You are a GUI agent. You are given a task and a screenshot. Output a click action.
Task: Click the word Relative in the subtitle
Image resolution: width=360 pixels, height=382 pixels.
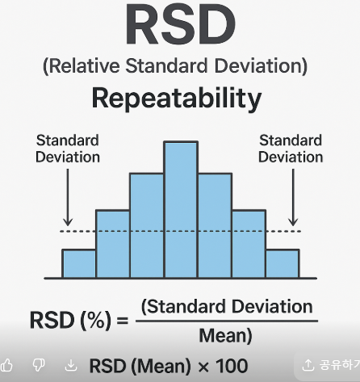pyautogui.click(x=85, y=65)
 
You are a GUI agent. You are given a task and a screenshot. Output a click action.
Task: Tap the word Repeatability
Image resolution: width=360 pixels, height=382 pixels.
pyautogui.click(x=177, y=99)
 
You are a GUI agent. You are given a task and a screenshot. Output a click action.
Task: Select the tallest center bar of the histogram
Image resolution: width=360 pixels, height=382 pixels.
pyautogui.click(x=181, y=209)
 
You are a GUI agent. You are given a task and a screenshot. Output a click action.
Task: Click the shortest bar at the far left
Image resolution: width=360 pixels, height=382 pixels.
pyautogui.click(x=79, y=263)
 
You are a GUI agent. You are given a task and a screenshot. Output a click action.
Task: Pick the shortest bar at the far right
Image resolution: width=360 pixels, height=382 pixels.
pyautogui.click(x=283, y=263)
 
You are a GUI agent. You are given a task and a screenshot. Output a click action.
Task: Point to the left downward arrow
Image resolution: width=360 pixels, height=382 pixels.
pyautogui.click(x=68, y=197)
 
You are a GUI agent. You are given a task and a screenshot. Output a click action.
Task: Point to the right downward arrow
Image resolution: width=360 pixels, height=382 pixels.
pyautogui.click(x=293, y=197)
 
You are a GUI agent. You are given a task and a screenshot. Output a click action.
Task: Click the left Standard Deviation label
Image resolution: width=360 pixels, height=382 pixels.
pyautogui.click(x=68, y=149)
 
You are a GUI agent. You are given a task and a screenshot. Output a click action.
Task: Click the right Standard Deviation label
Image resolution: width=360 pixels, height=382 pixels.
pyautogui.click(x=291, y=149)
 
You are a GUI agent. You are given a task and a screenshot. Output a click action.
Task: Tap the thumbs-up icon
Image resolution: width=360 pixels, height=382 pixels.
pyautogui.click(x=6, y=366)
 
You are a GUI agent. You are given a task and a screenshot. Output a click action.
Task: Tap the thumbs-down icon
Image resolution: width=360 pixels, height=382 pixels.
pyautogui.click(x=39, y=366)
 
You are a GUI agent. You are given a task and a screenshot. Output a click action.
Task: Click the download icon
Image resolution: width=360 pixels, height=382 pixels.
pyautogui.click(x=71, y=366)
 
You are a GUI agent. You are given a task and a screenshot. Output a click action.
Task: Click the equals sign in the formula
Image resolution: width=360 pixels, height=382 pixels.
pyautogui.click(x=123, y=321)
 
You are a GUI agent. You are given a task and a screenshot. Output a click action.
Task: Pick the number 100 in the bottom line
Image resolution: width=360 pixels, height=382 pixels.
pyautogui.click(x=232, y=366)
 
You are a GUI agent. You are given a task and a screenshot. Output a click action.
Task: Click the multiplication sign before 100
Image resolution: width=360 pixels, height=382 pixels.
pyautogui.click(x=203, y=367)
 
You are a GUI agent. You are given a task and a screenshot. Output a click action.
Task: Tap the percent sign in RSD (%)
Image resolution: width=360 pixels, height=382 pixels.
pyautogui.click(x=95, y=321)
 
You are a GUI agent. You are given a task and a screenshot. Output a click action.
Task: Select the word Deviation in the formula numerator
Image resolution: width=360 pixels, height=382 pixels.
pyautogui.click(x=272, y=307)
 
